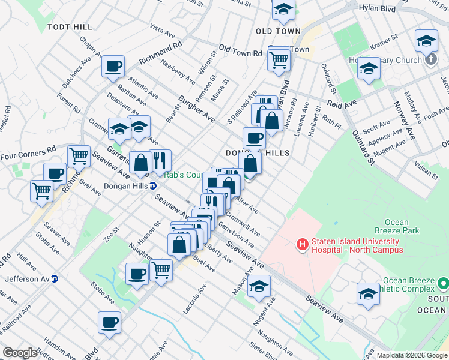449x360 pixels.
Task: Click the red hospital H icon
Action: [x=303, y=245]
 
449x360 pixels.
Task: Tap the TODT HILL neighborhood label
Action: [x=71, y=28]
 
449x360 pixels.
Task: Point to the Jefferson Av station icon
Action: [x=55, y=279]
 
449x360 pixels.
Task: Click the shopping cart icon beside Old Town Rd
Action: [x=279, y=59]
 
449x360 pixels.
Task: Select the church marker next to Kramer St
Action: [x=430, y=60]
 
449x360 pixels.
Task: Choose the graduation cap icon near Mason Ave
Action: [x=259, y=286]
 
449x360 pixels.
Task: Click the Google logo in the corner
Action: [x=20, y=353]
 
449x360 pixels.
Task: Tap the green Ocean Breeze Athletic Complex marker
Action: [x=444, y=282]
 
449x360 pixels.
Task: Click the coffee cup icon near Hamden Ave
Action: [x=110, y=322]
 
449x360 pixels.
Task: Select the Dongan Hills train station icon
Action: [x=154, y=185]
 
